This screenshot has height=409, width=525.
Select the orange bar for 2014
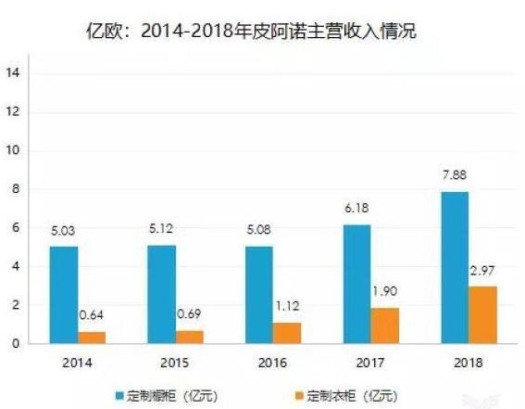pos(93,338)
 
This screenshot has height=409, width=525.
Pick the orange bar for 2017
pos(386,326)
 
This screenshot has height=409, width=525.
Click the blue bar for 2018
pos(456,268)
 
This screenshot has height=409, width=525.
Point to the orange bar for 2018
pos(484,315)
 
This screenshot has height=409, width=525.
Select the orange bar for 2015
pos(190,337)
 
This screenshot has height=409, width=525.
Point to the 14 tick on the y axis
pos(13,72)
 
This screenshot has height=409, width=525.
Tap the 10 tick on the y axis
pos(13,150)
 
